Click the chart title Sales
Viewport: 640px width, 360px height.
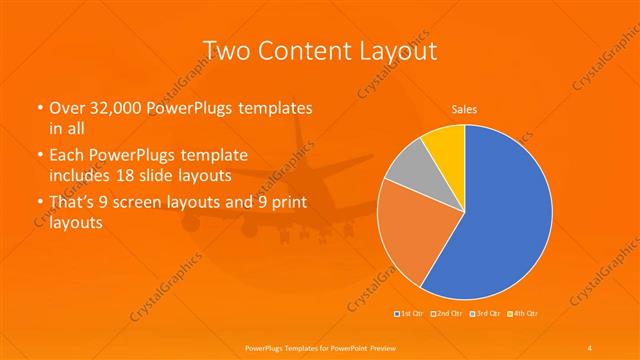pyautogui.click(x=465, y=108)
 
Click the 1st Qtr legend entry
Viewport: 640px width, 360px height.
pyautogui.click(x=411, y=314)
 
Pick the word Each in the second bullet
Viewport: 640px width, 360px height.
pyautogui.click(x=68, y=156)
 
